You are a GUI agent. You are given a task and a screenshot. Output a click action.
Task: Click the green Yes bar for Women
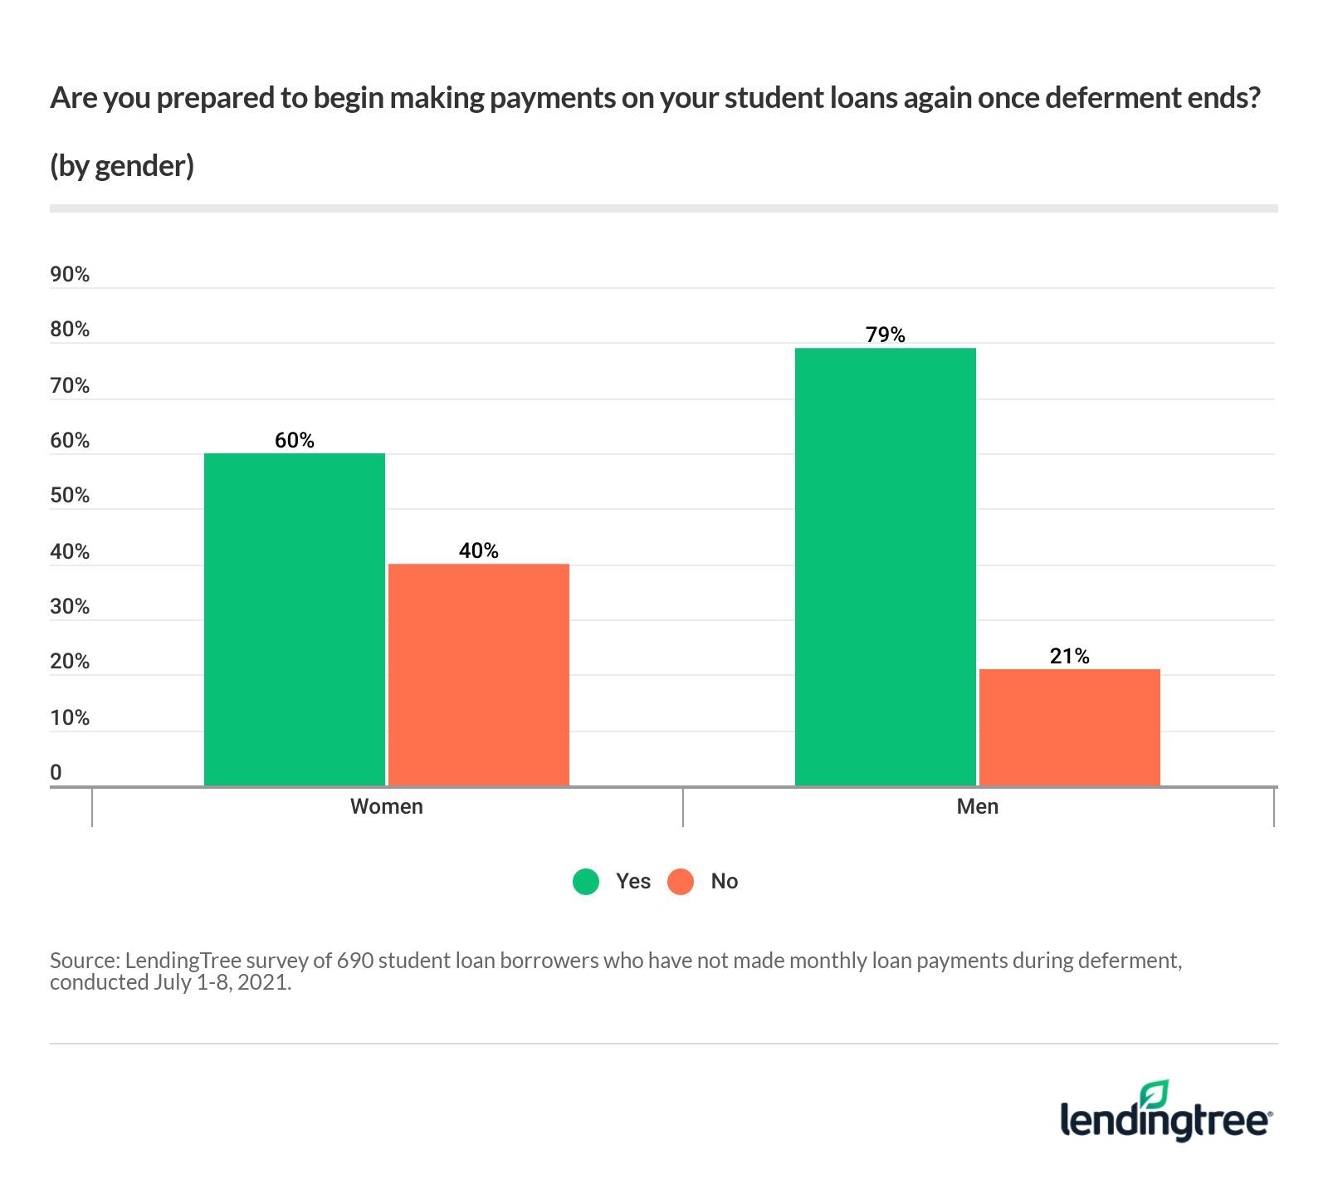pyautogui.click(x=295, y=619)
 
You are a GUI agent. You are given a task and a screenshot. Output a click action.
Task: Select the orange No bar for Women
pyautogui.click(x=479, y=674)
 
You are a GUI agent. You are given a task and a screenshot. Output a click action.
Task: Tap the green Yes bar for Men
pyautogui.click(x=886, y=566)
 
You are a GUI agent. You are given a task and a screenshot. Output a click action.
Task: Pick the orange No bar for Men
pyautogui.click(x=1070, y=726)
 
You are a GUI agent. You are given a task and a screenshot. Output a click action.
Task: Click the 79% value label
pyautogui.click(x=886, y=335)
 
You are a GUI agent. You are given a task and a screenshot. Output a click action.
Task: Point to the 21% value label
pyautogui.click(x=1070, y=656)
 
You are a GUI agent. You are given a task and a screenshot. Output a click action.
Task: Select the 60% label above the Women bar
pyautogui.click(x=295, y=440)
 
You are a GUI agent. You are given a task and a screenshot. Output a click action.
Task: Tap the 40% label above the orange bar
pyautogui.click(x=479, y=550)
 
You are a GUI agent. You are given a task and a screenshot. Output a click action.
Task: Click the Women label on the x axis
pyautogui.click(x=387, y=806)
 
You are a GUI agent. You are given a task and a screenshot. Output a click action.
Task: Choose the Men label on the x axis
pyautogui.click(x=978, y=806)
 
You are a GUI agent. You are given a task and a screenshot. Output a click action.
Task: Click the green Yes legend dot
pyautogui.click(x=586, y=881)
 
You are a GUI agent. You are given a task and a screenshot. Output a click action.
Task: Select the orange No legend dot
pyautogui.click(x=681, y=881)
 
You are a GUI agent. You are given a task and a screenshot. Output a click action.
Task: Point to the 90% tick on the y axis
pyautogui.click(x=70, y=274)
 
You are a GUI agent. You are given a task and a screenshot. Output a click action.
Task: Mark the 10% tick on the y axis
pyautogui.click(x=70, y=717)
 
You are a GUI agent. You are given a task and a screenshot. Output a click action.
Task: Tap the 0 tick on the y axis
pyautogui.click(x=56, y=772)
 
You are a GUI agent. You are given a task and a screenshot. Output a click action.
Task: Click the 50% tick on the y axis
pyautogui.click(x=70, y=495)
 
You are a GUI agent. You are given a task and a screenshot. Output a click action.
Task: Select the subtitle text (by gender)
pyautogui.click(x=122, y=165)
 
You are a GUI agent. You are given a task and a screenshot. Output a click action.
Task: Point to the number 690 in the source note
pyautogui.click(x=354, y=961)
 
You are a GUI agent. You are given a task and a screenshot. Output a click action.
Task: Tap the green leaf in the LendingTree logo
pyautogui.click(x=1155, y=1094)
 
